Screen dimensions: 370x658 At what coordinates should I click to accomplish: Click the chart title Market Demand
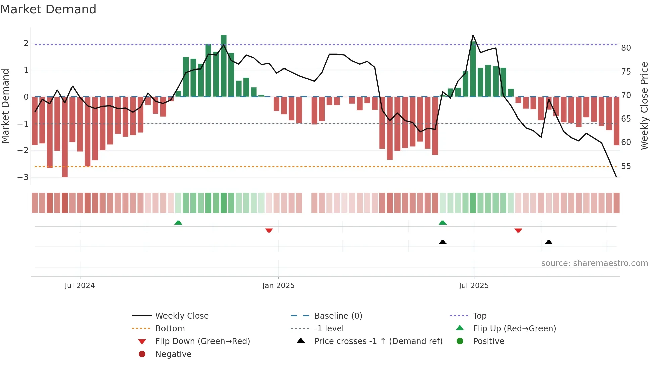tap(48, 9)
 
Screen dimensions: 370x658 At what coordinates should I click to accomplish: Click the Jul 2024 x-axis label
tap(80, 286)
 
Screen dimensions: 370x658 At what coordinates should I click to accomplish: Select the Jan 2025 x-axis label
tap(278, 286)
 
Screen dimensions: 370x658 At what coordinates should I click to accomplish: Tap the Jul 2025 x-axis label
tap(474, 286)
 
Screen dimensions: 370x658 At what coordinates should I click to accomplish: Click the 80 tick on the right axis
tap(626, 48)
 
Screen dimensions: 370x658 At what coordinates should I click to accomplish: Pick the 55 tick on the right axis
tap(626, 166)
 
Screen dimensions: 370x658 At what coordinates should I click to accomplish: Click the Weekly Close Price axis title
tap(644, 106)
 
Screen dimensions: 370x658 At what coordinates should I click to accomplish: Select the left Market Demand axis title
tap(5, 106)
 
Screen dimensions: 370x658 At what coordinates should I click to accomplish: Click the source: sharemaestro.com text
tap(594, 263)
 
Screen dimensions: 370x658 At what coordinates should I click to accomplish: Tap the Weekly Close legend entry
tap(182, 316)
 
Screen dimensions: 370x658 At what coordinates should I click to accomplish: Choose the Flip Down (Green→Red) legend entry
tap(202, 341)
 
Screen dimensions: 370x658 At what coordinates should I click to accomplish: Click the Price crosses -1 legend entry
tap(378, 341)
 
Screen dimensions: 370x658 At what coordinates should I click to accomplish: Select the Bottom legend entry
tap(170, 329)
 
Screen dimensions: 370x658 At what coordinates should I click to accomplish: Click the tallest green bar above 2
tap(224, 65)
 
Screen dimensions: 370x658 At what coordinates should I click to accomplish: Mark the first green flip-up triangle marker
tap(178, 223)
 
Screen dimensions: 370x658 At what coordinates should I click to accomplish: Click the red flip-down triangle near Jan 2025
tap(269, 231)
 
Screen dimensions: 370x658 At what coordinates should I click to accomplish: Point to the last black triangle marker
tap(549, 242)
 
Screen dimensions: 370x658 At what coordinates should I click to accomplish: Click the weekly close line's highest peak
tap(473, 35)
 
